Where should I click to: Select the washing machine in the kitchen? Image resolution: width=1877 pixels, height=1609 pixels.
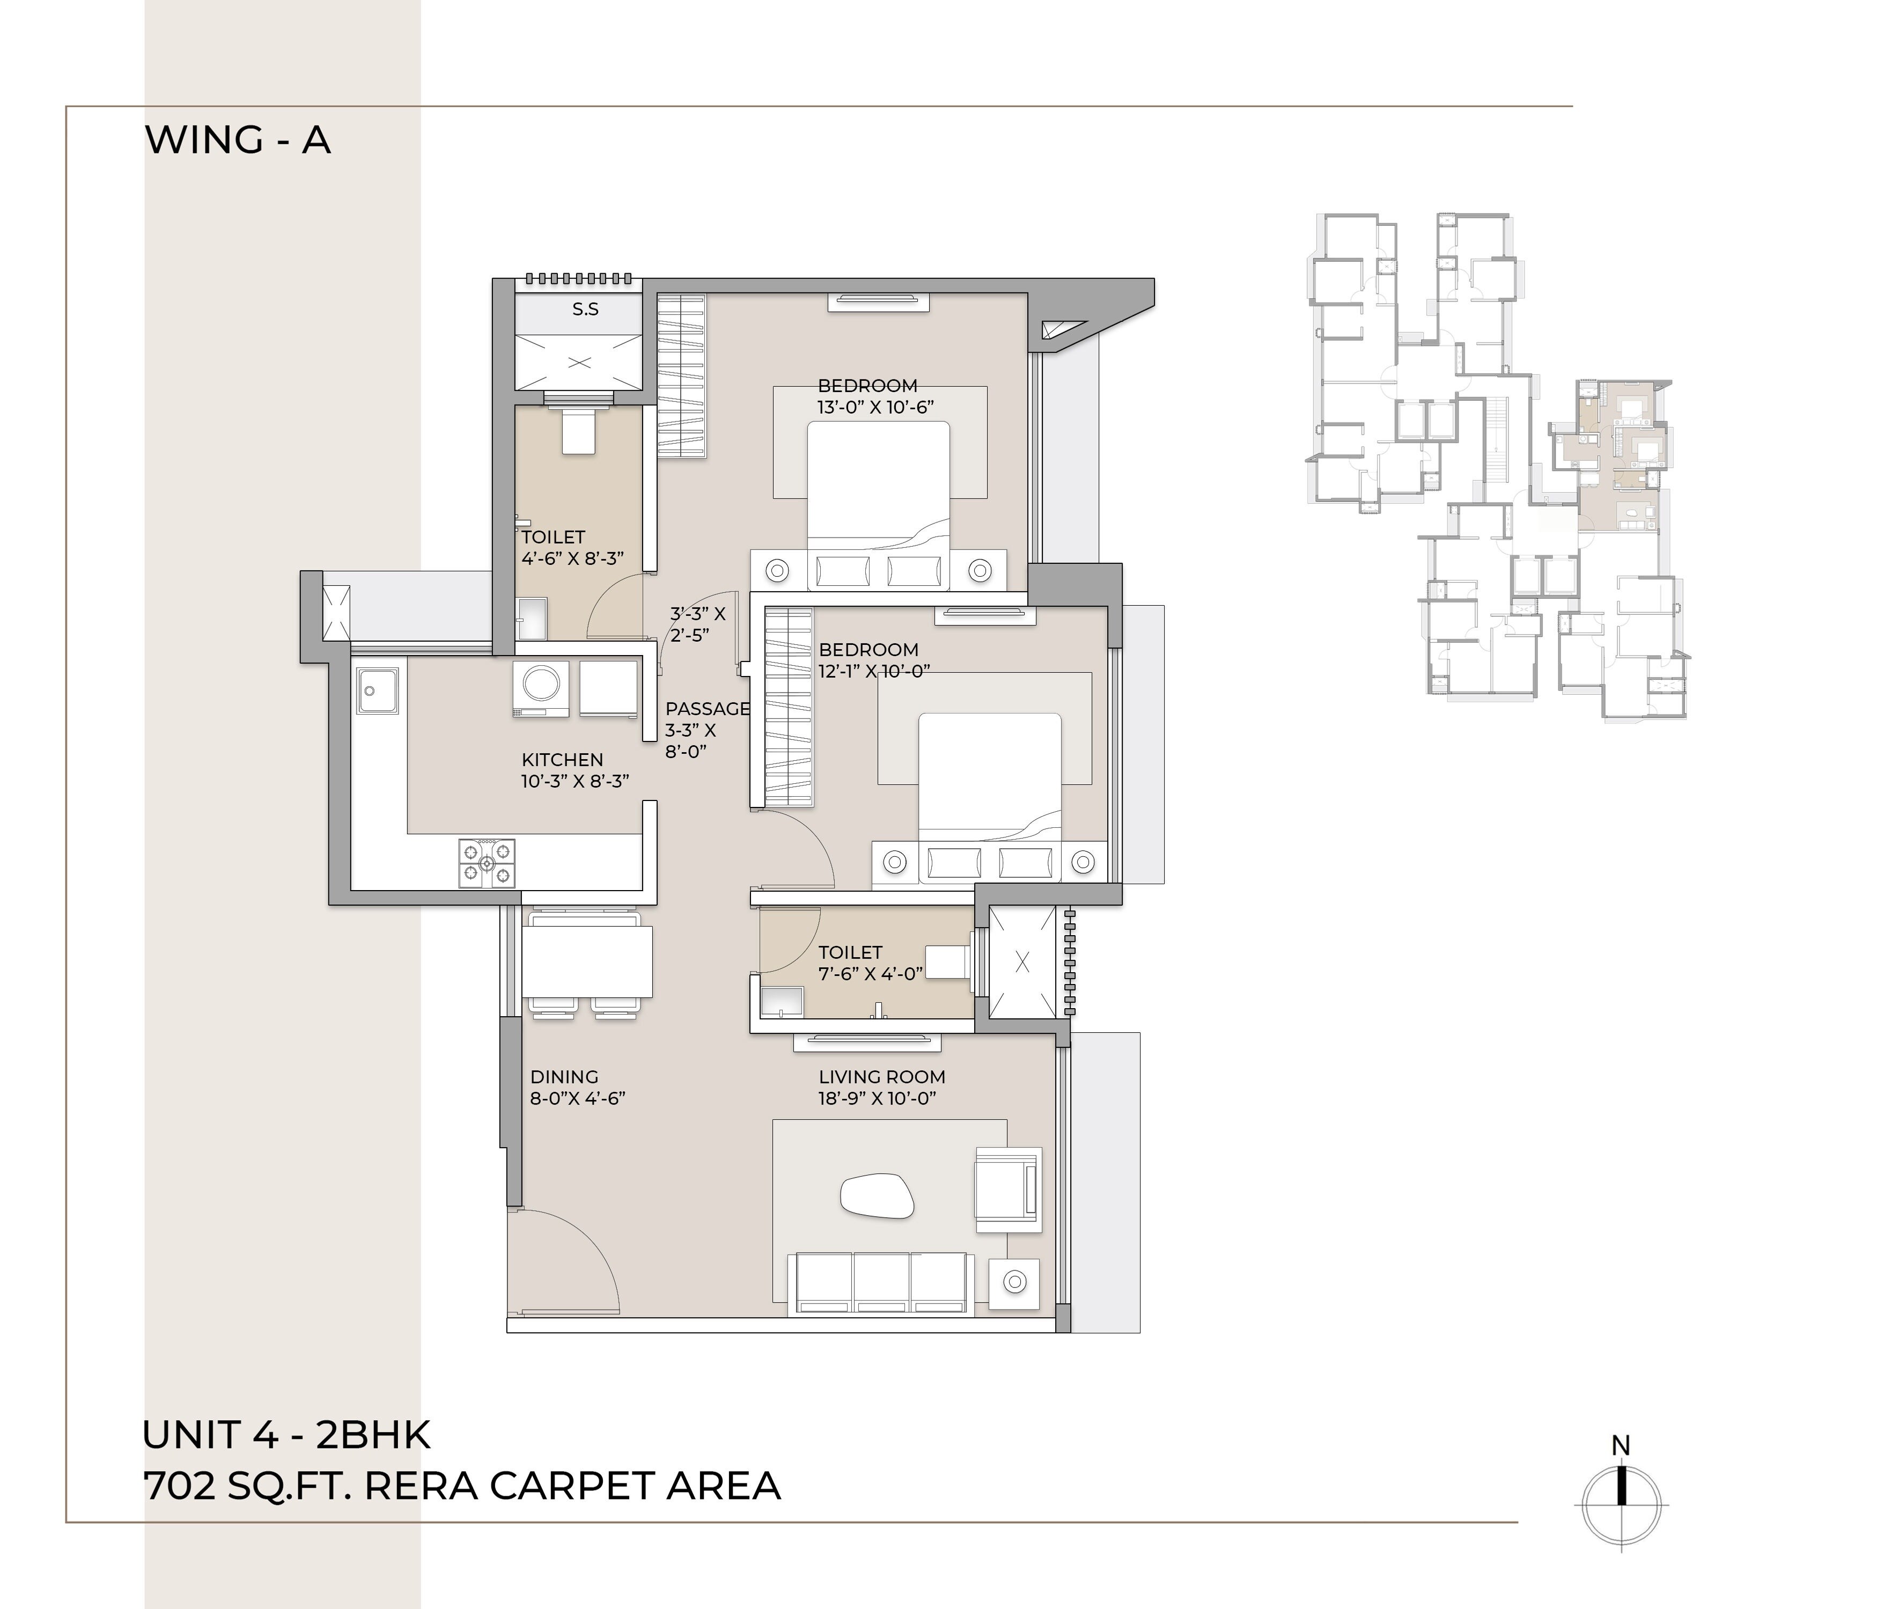pos(541,688)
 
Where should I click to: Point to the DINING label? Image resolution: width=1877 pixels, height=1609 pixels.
pos(564,1077)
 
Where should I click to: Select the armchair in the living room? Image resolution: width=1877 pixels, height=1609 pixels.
pos(1007,1189)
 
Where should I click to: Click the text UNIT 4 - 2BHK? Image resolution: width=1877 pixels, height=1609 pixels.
pos(286,1435)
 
